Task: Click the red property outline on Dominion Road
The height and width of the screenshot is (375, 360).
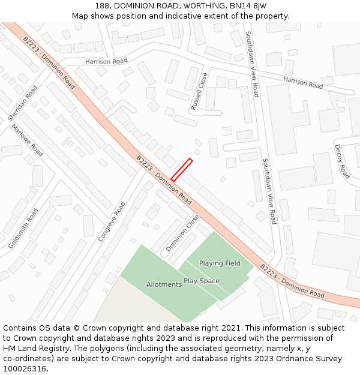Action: [182, 169]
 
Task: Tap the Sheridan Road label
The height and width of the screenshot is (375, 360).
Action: [22, 104]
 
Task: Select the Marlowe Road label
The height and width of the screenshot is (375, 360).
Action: [27, 140]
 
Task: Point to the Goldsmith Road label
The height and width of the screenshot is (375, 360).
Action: [23, 229]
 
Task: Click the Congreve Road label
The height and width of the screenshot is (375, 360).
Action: [112, 221]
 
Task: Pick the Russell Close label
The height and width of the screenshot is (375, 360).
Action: [199, 91]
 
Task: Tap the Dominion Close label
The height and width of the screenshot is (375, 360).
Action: [182, 233]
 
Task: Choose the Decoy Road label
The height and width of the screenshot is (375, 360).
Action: [342, 161]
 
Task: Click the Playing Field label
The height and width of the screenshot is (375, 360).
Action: [220, 263]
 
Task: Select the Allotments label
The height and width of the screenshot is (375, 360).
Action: [164, 284]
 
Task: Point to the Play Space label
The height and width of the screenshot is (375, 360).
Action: [202, 281]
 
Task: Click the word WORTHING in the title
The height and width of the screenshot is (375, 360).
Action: [207, 5]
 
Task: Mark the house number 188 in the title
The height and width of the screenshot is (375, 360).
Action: [103, 5]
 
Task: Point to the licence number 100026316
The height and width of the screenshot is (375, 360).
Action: [25, 368]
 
